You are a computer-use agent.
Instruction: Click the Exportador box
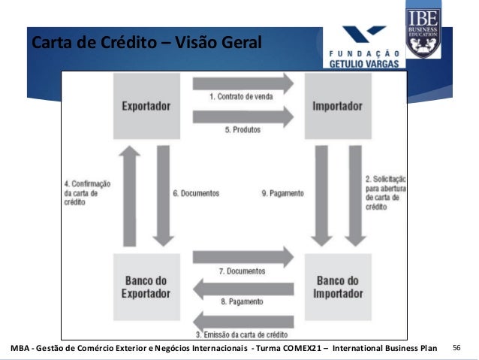coord(146,106)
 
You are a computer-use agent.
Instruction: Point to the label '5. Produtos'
coord(243,129)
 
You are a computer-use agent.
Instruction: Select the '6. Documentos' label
coord(196,193)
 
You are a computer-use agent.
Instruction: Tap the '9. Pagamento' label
coord(283,193)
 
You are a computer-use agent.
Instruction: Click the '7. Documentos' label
coord(242,271)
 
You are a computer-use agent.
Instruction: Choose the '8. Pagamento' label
coord(242,302)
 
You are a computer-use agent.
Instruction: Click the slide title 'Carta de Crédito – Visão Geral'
coord(146,42)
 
